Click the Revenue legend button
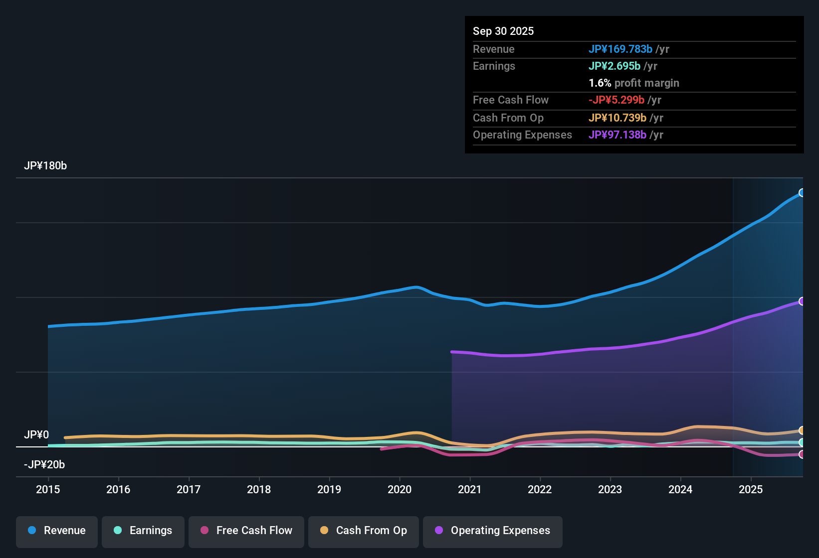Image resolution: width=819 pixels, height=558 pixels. pyautogui.click(x=57, y=531)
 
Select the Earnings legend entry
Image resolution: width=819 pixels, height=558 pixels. pyautogui.click(x=143, y=531)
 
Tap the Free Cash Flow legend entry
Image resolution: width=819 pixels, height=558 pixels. pyautogui.click(x=246, y=531)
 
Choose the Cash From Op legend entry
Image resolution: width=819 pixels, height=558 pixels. pyautogui.click(x=364, y=531)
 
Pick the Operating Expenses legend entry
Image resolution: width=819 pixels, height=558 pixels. pyautogui.click(x=493, y=531)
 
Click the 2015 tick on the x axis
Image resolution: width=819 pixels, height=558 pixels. pyautogui.click(x=48, y=489)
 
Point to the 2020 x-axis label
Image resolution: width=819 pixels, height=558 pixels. pyautogui.click(x=400, y=489)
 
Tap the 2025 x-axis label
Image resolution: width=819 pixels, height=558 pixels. pyautogui.click(x=751, y=489)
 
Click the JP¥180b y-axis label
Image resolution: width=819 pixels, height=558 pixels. pyautogui.click(x=45, y=166)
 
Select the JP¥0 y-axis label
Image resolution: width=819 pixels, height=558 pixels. pyautogui.click(x=36, y=434)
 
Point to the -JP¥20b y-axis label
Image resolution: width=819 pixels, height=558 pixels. pyautogui.click(x=44, y=464)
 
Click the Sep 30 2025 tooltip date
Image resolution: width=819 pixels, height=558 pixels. pyautogui.click(x=503, y=31)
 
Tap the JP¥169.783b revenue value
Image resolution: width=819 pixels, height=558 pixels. pyautogui.click(x=620, y=49)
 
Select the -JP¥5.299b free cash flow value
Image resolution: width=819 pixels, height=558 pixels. pyautogui.click(x=616, y=100)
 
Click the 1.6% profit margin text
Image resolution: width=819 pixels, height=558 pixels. pyautogui.click(x=634, y=83)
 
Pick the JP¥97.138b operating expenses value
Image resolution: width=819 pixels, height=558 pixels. pyautogui.click(x=617, y=135)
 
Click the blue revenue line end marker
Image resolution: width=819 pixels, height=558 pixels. pyautogui.click(x=802, y=193)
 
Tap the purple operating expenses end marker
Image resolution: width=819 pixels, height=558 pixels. pyautogui.click(x=802, y=301)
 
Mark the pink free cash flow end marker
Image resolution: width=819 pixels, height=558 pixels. pyautogui.click(x=802, y=454)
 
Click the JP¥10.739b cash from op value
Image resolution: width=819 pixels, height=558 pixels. pyautogui.click(x=617, y=118)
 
